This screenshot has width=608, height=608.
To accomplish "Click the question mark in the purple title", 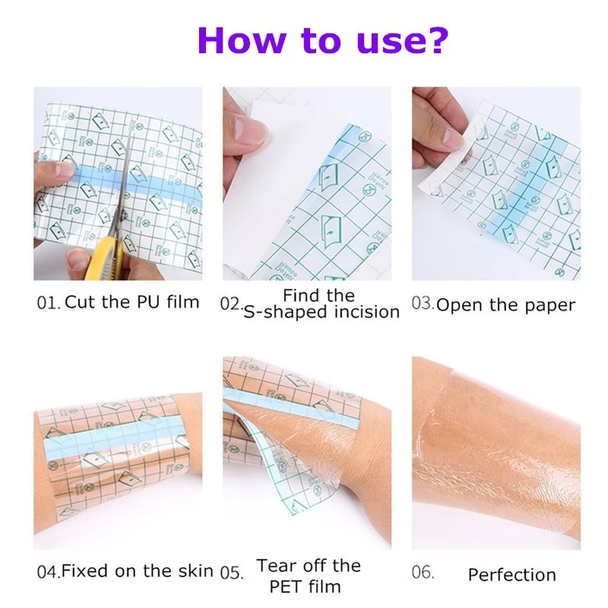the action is point(436,40).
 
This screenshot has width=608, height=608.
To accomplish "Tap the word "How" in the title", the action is point(242,40).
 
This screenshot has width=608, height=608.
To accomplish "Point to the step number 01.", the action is point(49,302).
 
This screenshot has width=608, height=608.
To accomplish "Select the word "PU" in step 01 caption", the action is point(148,302).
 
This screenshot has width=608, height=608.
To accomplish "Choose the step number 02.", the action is point(231,303).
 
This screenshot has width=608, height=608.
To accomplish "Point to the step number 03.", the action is point(423,303).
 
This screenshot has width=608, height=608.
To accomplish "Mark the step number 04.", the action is point(49,572).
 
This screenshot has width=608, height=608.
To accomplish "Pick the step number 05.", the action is point(232,572).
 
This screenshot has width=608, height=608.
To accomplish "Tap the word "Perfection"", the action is point(511,575).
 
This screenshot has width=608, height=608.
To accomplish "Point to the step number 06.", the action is point(423,572).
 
